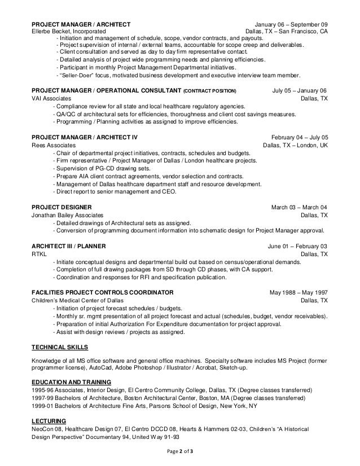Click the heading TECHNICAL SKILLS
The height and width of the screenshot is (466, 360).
pos(60,347)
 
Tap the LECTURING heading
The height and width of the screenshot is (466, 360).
pos(49,421)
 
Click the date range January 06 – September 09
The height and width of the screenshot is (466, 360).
pos(291,24)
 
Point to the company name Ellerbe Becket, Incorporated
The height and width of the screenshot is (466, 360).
pos(69,32)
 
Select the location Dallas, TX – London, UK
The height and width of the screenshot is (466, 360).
pos(295,145)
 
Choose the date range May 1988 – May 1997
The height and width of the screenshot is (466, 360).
pos(298,293)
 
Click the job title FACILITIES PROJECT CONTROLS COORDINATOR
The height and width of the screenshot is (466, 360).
pos(102,293)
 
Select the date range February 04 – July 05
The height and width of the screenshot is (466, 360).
pos(299,137)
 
